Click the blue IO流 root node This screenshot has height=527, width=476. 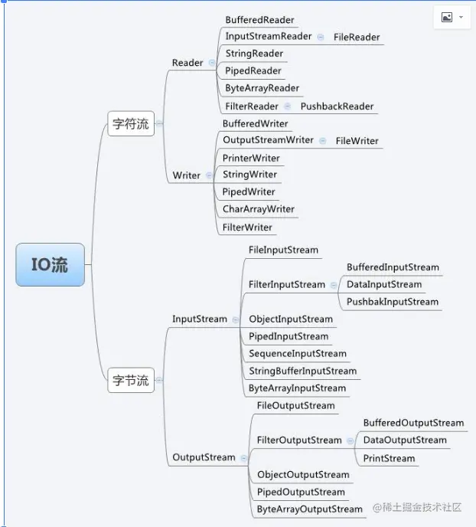pos(50,265)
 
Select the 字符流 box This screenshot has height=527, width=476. pos(131,124)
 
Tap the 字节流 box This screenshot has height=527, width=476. pos(131,380)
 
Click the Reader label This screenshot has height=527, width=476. pos(187,63)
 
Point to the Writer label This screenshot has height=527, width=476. pos(187,175)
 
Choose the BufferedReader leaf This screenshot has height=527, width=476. pos(259,20)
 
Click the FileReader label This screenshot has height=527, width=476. pos(357,37)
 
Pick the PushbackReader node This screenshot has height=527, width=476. pos(337,106)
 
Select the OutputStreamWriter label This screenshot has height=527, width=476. pos(268,140)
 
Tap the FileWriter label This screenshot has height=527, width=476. pos(357,141)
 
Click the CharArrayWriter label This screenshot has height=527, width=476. pos(259,209)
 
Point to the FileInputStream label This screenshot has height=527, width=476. pos(283,250)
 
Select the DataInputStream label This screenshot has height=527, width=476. pos(384,284)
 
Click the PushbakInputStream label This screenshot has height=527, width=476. pos(393,302)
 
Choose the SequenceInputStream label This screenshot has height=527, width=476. pos(298,354)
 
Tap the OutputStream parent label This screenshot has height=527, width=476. pos(204,457)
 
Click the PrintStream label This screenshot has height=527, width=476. pos(389,459)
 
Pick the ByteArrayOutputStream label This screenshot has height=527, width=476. pos(310,509)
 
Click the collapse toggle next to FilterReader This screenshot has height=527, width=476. pos(287,106)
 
